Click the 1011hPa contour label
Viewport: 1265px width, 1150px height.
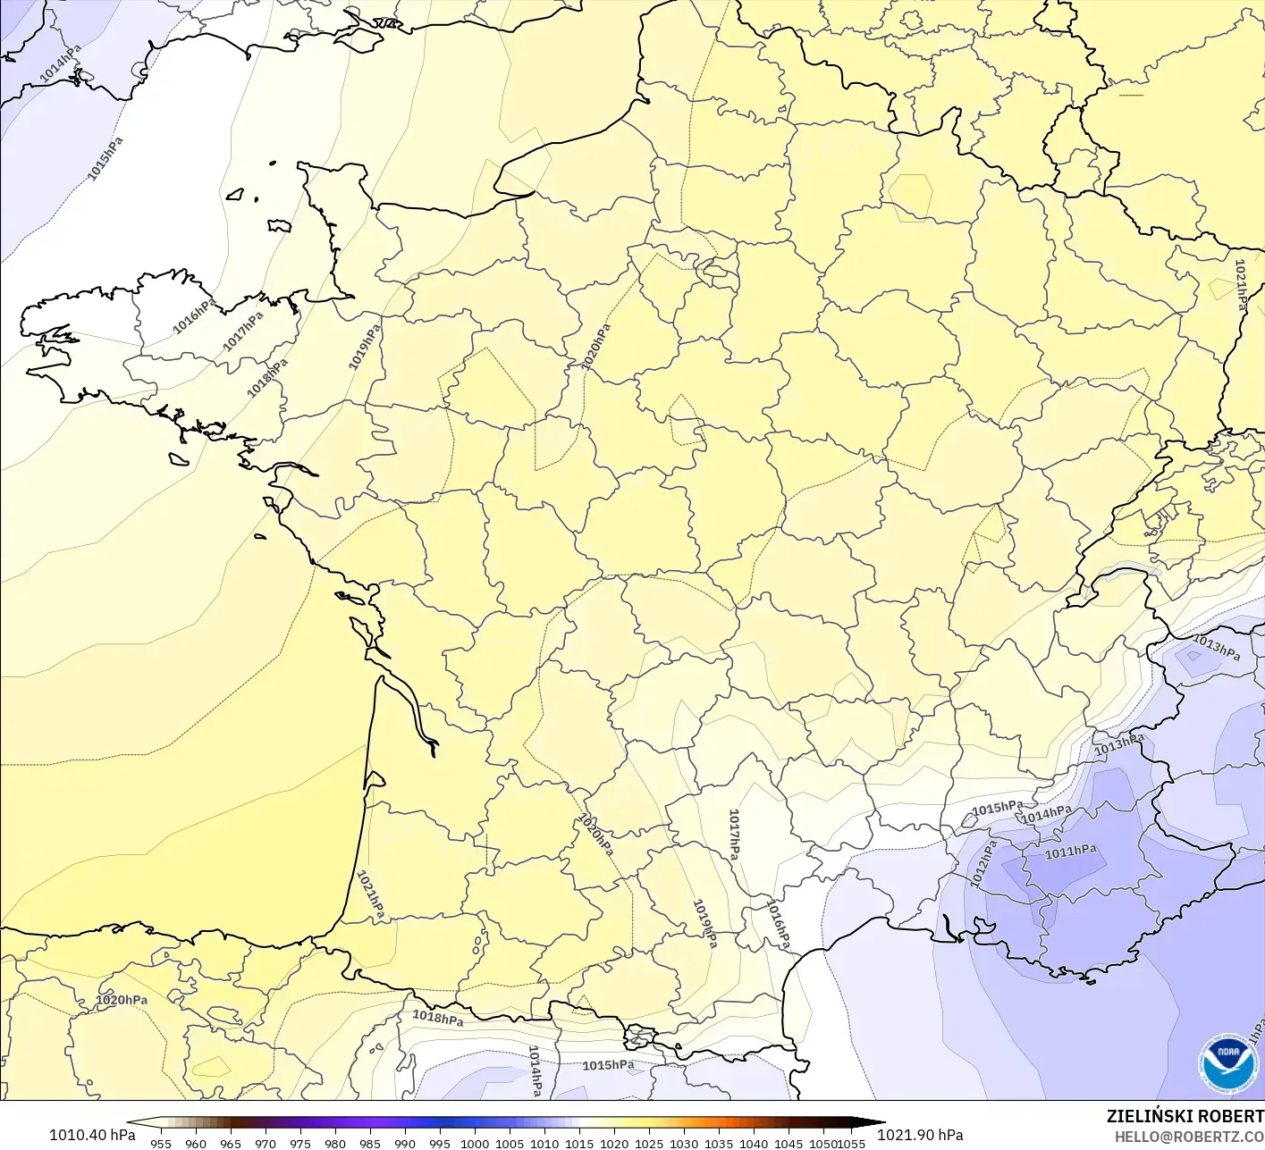[1070, 852]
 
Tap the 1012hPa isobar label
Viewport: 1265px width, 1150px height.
[982, 864]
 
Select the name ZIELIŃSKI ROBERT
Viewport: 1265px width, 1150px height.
[1185, 1116]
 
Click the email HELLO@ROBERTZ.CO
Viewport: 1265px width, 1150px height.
[1189, 1135]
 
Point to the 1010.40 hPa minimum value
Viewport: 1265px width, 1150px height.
[92, 1135]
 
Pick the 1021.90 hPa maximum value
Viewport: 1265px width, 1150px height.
[920, 1135]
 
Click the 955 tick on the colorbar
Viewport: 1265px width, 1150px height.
[161, 1143]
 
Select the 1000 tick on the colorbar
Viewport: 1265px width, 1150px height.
[475, 1143]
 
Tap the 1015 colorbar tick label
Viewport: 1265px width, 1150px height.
[579, 1143]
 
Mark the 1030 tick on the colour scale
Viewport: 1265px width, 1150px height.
[684, 1143]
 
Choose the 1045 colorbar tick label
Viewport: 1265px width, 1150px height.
[789, 1143]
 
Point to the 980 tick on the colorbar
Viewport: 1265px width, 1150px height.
[335, 1143]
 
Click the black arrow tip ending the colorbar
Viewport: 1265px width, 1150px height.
[875, 1123]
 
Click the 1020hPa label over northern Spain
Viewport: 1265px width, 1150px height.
[122, 1000]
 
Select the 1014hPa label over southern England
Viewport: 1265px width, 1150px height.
[60, 63]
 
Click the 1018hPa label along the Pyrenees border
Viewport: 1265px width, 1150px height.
[437, 1018]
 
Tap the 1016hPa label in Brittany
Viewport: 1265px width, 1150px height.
[193, 316]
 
